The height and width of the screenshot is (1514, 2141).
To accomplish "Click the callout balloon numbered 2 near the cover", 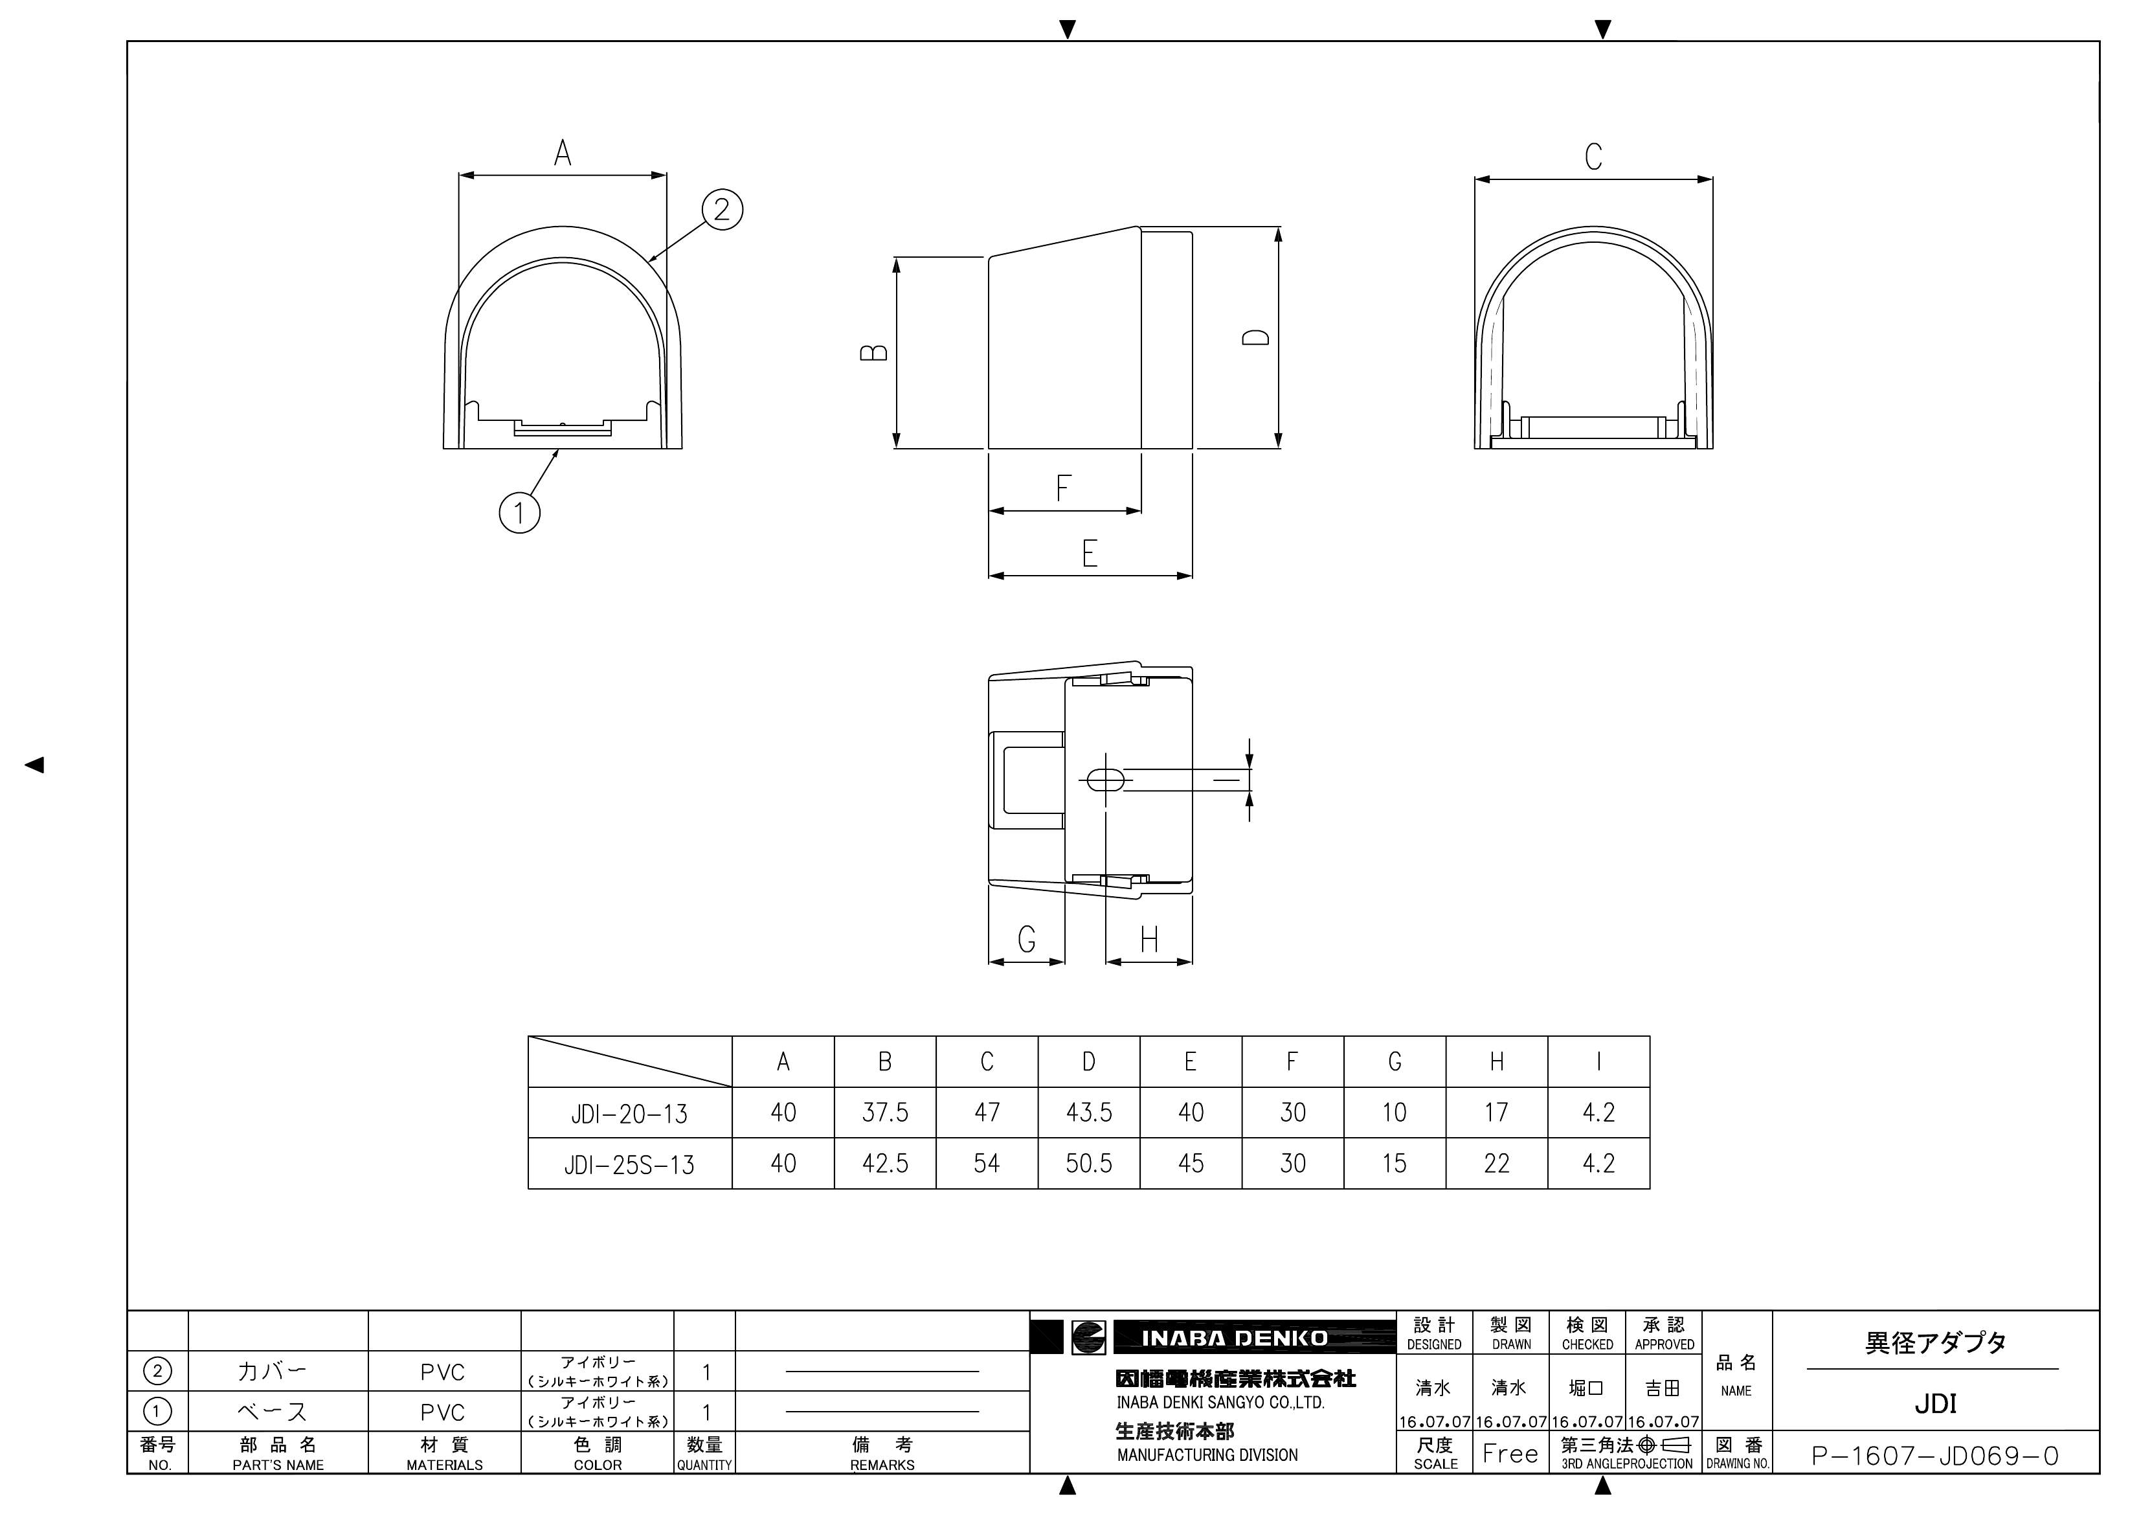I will pos(722,209).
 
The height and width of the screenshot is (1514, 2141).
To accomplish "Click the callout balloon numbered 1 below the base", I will pos(519,512).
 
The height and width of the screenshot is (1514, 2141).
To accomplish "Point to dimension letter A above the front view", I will pos(563,153).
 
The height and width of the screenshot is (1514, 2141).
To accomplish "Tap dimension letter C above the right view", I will pos(1594,157).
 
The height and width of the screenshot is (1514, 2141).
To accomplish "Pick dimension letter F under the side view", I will pos(1063,488).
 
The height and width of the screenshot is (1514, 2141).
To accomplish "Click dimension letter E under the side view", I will pos(1089,554).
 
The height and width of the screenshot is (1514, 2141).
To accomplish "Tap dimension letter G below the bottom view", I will pos(1027,938).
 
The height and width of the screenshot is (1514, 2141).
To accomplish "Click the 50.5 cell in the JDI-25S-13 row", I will pos(1088,1163).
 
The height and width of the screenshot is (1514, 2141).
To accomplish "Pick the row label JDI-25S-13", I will pos(629,1164).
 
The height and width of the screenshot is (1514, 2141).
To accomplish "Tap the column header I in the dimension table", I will pos(1598,1061).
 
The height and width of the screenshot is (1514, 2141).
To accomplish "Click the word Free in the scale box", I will pos(1510,1453).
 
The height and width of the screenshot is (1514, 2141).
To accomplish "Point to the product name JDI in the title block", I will pos(1935,1403).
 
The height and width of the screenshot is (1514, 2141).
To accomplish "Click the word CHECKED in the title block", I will pos(1587,1344).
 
